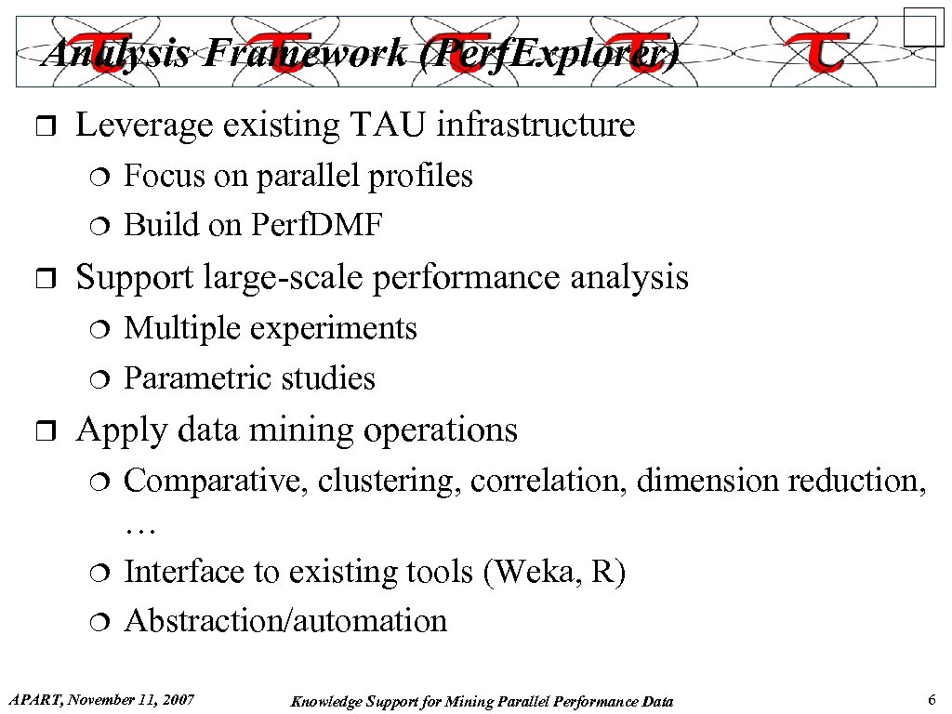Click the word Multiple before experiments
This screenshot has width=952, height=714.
pyautogui.click(x=179, y=328)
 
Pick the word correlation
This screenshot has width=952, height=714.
pyautogui.click(x=549, y=481)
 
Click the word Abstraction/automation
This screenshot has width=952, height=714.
pyautogui.click(x=285, y=620)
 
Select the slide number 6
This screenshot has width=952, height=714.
pyautogui.click(x=931, y=699)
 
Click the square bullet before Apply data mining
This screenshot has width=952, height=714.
pyautogui.click(x=48, y=431)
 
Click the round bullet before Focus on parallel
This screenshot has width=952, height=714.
pyautogui.click(x=101, y=178)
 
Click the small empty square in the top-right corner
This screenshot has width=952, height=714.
pyautogui.click(x=923, y=26)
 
